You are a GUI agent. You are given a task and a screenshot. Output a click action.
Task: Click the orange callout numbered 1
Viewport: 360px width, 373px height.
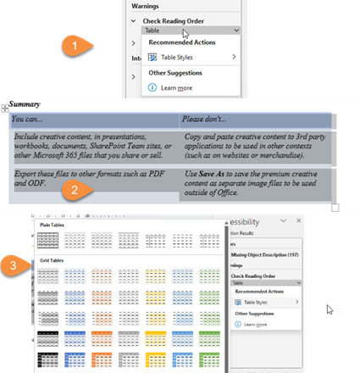76,44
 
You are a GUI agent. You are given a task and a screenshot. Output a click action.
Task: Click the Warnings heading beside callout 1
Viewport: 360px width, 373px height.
147,5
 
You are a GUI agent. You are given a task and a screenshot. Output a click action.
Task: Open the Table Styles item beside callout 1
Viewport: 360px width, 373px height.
171,58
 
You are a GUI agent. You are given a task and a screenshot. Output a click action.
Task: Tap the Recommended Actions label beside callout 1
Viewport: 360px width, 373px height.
181,42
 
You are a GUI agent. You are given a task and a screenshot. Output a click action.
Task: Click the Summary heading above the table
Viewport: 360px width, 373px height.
25,103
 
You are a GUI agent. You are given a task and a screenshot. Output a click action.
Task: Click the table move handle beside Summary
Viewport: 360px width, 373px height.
5,108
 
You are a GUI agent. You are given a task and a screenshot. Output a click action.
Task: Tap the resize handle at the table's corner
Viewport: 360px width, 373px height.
335,207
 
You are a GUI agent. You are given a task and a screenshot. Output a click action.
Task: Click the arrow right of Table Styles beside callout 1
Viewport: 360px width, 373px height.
234,58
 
